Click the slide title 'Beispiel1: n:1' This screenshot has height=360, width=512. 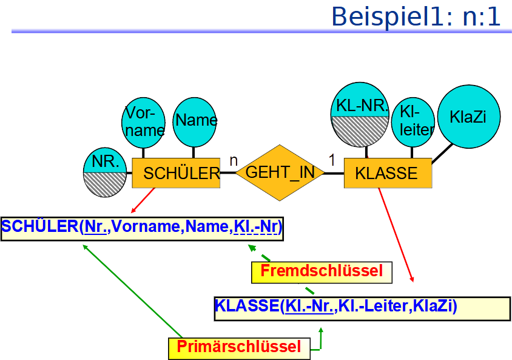416,16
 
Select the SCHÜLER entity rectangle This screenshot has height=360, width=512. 176,173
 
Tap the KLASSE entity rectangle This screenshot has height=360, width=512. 388,173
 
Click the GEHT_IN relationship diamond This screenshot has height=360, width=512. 280,172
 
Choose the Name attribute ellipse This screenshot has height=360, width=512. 195,121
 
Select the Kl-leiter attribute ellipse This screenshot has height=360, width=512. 414,121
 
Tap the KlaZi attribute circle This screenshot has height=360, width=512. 468,117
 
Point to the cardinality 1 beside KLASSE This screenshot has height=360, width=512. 332,160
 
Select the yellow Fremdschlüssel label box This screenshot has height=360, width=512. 322,271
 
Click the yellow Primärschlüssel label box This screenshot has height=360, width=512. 238,347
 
